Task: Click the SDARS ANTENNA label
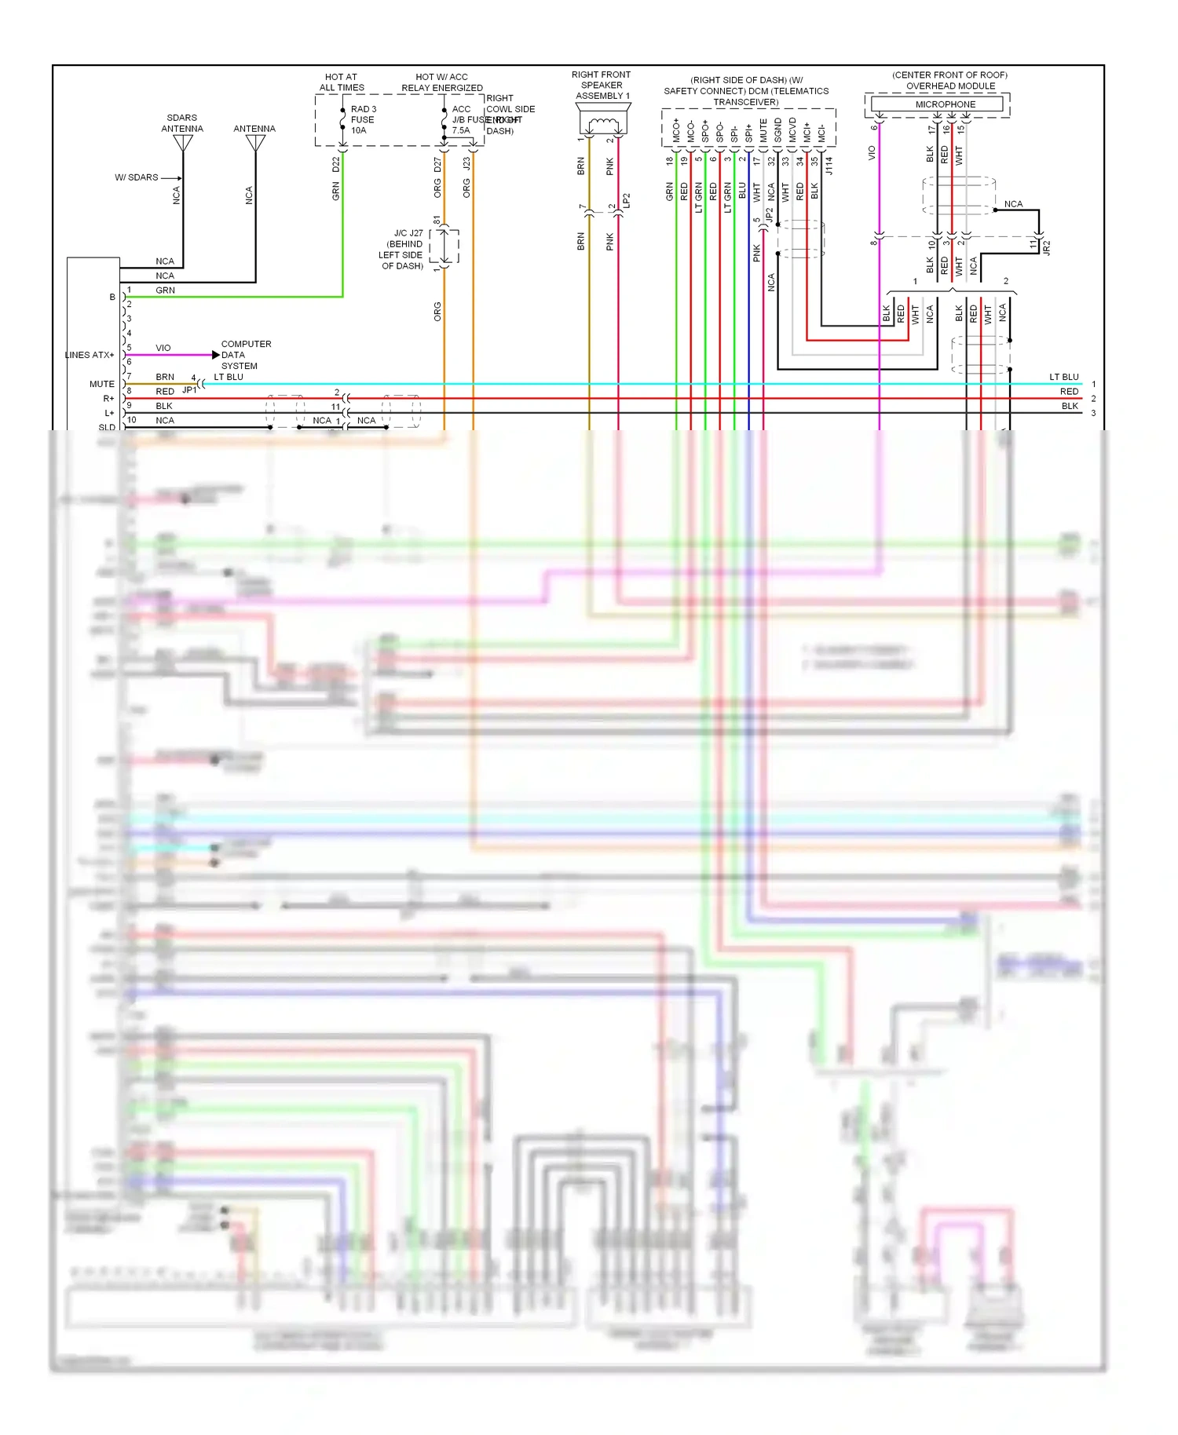[x=182, y=123]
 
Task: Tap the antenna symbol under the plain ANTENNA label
[x=255, y=144]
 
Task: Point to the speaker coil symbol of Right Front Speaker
[x=602, y=122]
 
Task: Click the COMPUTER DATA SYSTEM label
[x=245, y=355]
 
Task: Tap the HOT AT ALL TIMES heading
[x=342, y=82]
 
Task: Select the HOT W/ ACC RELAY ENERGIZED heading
[x=441, y=82]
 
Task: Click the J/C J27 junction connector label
[x=401, y=250]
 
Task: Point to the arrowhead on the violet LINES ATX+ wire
[x=216, y=355]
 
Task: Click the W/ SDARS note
[x=137, y=177]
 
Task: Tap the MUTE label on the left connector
[x=102, y=384]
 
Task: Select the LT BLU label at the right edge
[x=1063, y=377]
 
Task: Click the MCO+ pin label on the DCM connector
[x=675, y=130]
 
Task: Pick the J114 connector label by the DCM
[x=829, y=166]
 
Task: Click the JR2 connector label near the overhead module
[x=1046, y=247]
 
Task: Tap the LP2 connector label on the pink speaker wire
[x=627, y=200]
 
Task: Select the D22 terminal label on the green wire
[x=336, y=164]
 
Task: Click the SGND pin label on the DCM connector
[x=777, y=130]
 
